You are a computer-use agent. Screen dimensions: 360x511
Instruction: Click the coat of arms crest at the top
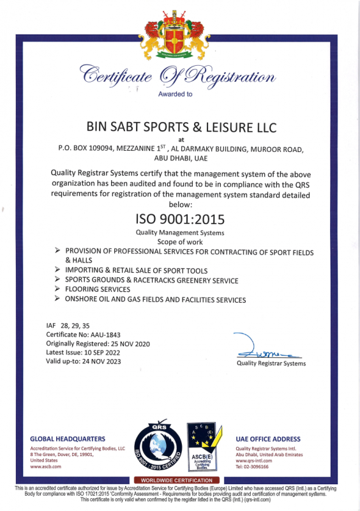pos(179,32)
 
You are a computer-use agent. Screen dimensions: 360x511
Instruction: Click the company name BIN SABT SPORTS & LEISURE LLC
pos(181,127)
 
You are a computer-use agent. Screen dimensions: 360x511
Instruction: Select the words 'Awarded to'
pos(174,94)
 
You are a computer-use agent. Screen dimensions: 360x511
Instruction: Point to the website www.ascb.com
pos(45,466)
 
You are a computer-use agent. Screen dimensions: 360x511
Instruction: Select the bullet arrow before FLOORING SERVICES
pos(57,289)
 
